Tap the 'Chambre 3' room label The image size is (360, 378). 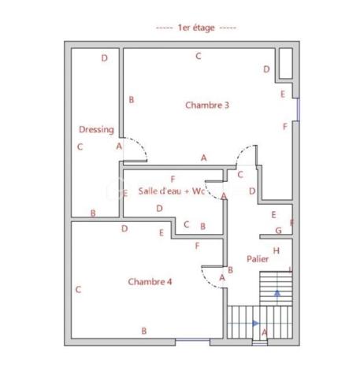[207, 105]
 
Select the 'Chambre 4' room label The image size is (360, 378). [150, 282]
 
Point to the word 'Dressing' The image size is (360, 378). [96, 130]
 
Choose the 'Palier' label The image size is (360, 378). [257, 258]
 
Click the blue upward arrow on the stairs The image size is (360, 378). [276, 292]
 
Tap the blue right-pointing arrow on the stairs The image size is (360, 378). [255, 323]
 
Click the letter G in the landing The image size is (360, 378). [278, 231]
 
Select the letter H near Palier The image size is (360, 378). [276, 251]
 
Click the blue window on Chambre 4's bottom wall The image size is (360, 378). [192, 339]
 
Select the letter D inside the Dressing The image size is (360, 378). [104, 58]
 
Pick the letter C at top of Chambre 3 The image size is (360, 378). [199, 56]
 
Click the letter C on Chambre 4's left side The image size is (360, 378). [78, 290]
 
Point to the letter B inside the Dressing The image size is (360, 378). [93, 213]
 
